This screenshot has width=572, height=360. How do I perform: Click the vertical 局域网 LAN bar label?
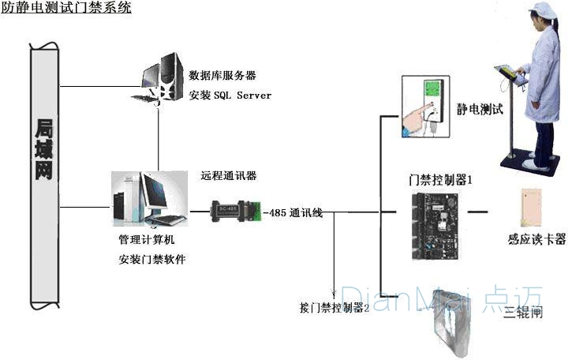pyautogui.click(x=44, y=149)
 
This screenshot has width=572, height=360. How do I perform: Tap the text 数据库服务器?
pyautogui.click(x=222, y=76)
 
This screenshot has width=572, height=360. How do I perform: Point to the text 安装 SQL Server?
pyautogui.click(x=230, y=96)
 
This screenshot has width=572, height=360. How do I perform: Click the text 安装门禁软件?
pyautogui.click(x=151, y=259)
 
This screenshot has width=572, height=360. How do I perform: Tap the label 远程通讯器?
pyautogui.click(x=228, y=175)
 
